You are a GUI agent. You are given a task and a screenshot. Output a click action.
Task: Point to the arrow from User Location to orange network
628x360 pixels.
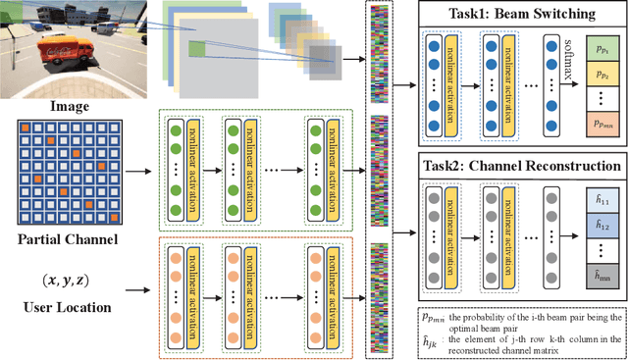tap(141, 290)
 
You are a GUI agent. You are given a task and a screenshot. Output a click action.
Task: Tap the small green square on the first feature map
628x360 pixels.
tap(198, 48)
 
